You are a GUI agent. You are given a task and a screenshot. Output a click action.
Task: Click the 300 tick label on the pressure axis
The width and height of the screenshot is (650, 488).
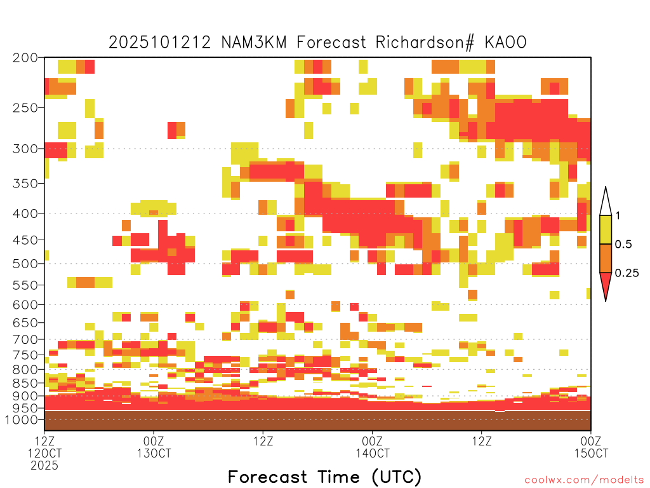click(x=25, y=149)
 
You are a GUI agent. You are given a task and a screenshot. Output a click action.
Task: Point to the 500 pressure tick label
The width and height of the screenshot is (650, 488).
click(x=25, y=264)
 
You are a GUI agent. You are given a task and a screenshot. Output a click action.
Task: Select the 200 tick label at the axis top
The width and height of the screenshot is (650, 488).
click(x=25, y=58)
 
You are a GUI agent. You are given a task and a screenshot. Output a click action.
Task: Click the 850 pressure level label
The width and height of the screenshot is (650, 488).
click(x=25, y=383)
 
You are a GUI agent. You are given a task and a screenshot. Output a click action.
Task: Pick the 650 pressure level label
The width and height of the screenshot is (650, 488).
click(x=25, y=322)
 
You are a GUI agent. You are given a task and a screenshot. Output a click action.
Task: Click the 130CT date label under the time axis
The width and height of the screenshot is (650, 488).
click(x=154, y=453)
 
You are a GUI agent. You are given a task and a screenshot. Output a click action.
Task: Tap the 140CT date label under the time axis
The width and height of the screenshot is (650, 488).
click(x=372, y=453)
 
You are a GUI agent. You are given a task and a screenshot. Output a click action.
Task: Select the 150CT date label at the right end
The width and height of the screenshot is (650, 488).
click(x=591, y=453)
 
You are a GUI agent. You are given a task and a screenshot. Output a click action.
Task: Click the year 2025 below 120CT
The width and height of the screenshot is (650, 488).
click(x=44, y=466)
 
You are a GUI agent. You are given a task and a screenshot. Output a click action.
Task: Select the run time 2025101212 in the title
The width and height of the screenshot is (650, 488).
click(x=160, y=43)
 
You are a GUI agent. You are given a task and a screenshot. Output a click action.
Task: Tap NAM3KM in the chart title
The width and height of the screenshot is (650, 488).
click(x=254, y=43)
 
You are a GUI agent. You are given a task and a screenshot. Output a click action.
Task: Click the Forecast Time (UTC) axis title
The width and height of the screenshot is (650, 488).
click(x=324, y=477)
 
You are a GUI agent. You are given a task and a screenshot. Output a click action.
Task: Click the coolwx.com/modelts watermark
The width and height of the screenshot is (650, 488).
click(x=585, y=480)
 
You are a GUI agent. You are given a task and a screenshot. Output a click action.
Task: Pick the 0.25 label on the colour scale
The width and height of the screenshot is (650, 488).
click(x=627, y=273)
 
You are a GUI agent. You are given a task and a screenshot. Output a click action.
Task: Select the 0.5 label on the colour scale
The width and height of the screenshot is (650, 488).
click(x=623, y=244)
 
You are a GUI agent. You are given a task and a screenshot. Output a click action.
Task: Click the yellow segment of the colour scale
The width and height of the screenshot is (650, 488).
click(x=606, y=229)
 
